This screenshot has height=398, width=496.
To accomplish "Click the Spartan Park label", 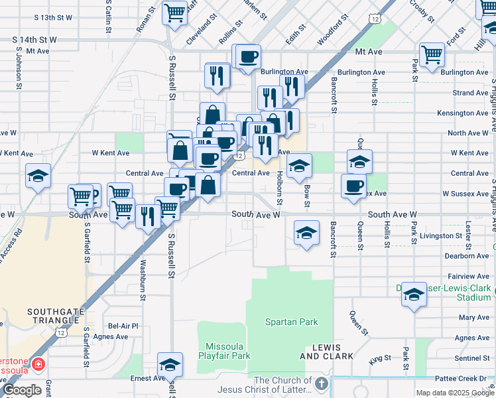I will coord(291,322).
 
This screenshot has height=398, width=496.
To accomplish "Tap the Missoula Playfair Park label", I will coord(227,351).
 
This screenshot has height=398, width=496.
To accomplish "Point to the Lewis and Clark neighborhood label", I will coord(320,352).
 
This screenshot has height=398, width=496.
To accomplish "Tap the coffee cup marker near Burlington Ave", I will coord(248,56).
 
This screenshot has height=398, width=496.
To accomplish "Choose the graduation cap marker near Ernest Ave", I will coord(170,365).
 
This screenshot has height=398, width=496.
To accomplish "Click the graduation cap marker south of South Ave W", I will coord(306,233).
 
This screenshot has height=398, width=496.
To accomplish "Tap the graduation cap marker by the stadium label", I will coord(414,295).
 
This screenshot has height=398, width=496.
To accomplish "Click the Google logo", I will coord(23,390).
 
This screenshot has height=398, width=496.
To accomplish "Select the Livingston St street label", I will coord(440,235).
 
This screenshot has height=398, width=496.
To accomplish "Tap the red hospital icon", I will coord(38,365).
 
